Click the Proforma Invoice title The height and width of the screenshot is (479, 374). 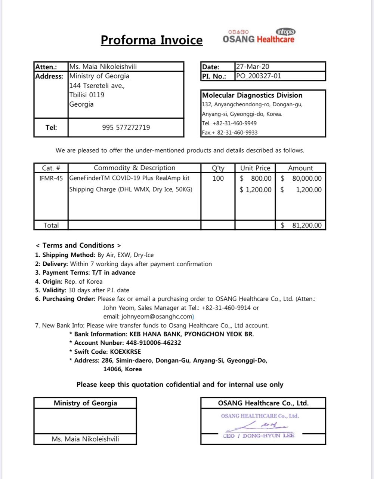(x=152, y=40)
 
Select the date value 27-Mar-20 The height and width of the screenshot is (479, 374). (x=253, y=67)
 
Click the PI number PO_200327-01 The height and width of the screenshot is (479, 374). (x=259, y=76)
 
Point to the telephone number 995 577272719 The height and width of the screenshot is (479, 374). (x=126, y=128)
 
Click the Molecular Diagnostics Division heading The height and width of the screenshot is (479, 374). (x=252, y=95)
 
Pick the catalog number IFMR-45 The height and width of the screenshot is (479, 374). (x=51, y=179)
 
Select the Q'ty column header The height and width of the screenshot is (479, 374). (x=218, y=168)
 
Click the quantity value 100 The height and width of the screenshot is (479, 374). (x=218, y=179)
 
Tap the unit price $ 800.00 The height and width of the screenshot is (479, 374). (x=256, y=179)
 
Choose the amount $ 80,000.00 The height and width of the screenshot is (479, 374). (x=301, y=179)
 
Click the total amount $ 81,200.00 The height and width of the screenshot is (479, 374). (x=301, y=225)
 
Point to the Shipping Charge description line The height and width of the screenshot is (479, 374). (x=131, y=189)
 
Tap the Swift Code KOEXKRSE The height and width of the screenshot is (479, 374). (x=126, y=351)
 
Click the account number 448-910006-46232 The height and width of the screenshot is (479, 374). (x=152, y=343)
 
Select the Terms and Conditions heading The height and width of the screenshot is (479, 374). (x=78, y=245)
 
